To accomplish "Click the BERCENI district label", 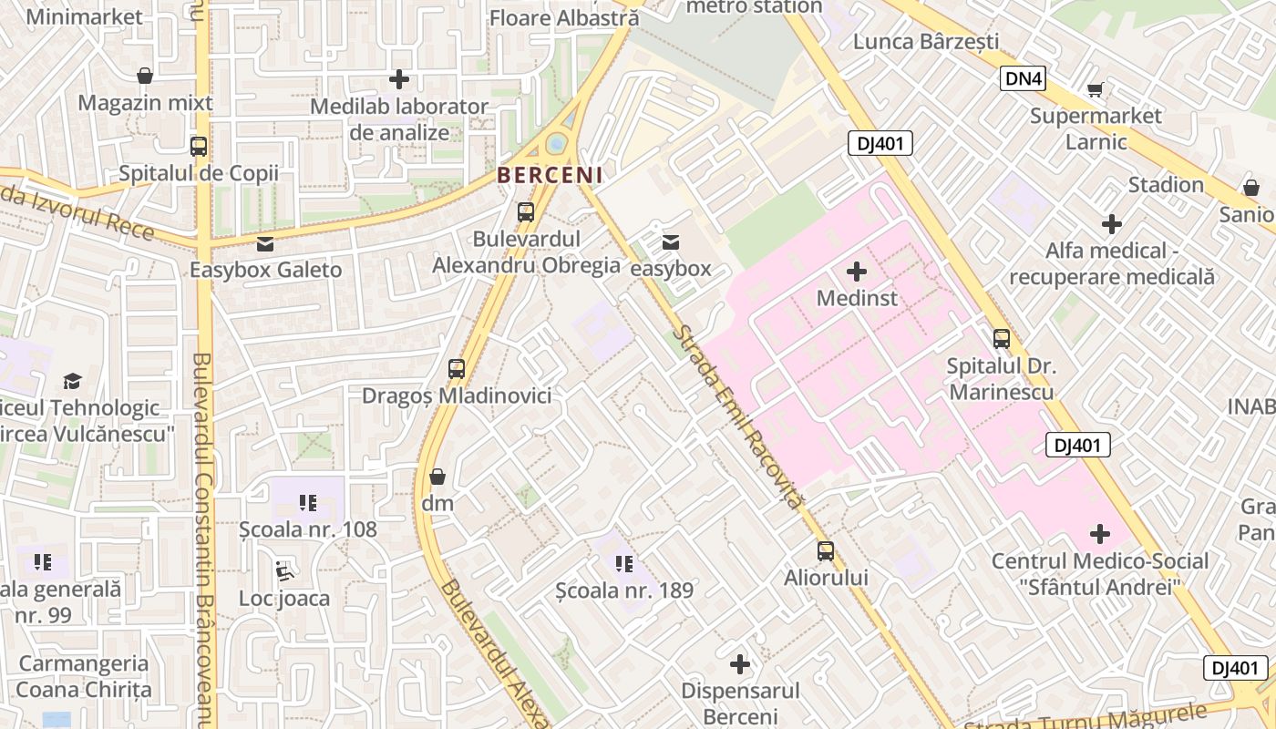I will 550,175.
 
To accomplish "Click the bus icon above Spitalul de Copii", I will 198,146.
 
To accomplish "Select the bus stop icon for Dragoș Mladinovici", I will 457,369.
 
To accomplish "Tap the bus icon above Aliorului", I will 825,551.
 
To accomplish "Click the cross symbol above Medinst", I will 857,271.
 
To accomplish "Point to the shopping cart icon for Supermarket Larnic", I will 1095,89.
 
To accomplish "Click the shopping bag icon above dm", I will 437,477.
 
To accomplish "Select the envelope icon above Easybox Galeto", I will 265,243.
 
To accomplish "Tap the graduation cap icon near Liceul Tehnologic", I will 72,381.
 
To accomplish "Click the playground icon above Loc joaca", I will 284,570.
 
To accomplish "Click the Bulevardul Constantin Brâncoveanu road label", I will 203,538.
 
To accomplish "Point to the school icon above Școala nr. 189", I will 624,564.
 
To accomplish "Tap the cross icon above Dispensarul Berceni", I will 740,664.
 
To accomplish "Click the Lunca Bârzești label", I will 926,42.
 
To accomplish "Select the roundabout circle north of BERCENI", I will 556,143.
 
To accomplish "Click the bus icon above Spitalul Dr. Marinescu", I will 1001,339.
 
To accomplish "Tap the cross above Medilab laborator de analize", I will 398,79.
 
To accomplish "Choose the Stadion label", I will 1166,185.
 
